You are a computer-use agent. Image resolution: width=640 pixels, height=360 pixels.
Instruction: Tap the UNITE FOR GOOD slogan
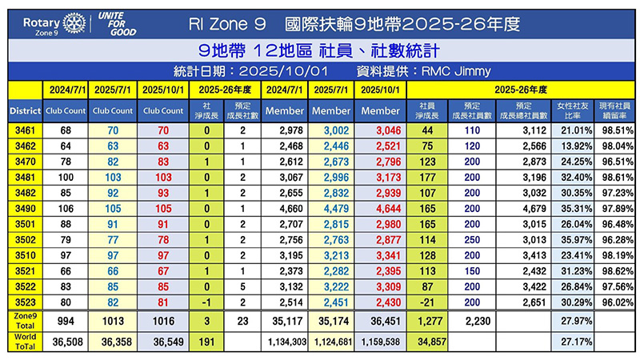[x=114, y=23]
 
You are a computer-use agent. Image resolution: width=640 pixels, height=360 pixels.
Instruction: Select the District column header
[x=22, y=110]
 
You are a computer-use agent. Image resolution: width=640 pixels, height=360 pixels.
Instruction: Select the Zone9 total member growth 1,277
[x=426, y=321]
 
